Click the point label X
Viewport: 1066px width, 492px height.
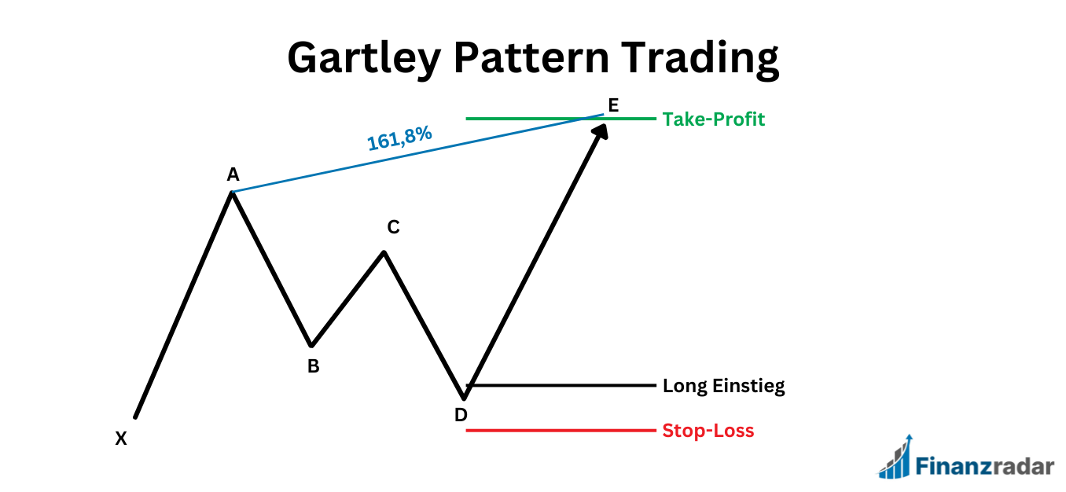tap(121, 439)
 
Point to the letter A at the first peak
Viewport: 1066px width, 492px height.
tap(233, 174)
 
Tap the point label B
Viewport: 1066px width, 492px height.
tap(313, 366)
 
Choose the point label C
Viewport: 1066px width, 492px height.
tap(393, 228)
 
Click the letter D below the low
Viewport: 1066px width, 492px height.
tap(461, 415)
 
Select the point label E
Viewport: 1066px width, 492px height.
tap(613, 105)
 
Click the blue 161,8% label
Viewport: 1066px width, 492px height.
tap(399, 139)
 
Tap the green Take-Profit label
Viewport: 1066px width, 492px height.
tap(713, 119)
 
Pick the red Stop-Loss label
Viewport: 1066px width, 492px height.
tap(708, 431)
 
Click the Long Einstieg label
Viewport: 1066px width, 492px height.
tap(723, 386)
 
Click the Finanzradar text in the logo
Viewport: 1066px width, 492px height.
tap(984, 466)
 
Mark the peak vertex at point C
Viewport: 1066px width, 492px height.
tap(384, 252)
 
